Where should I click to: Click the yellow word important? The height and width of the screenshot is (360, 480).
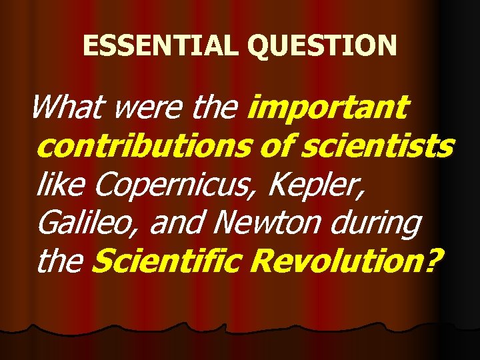point(327,107)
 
